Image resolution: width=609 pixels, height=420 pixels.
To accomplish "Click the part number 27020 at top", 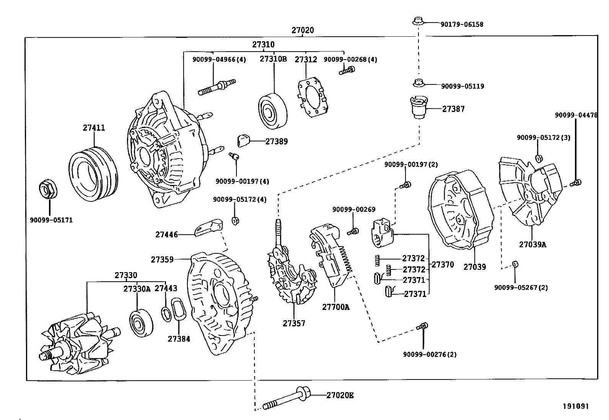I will [302, 30].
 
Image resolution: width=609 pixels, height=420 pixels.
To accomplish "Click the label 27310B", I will [273, 59].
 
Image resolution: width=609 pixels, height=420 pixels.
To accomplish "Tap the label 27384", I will [179, 339].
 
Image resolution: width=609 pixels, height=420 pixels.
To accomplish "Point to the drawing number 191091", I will [575, 406].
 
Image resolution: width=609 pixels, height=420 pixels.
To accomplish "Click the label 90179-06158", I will [462, 24].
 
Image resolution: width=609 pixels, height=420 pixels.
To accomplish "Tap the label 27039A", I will [532, 245].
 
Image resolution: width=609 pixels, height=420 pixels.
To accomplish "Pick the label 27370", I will [443, 264].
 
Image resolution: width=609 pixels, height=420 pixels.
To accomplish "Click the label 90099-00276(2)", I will [430, 354].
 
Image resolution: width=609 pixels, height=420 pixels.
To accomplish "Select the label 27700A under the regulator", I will [335, 306].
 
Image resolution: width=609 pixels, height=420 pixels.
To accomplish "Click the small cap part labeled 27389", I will [243, 140].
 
